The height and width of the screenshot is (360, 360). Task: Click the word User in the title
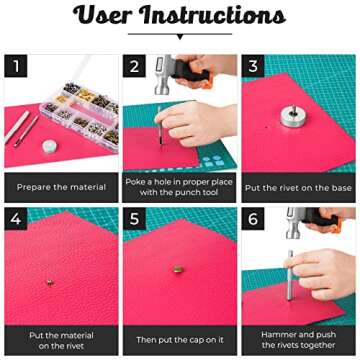coord(108,17)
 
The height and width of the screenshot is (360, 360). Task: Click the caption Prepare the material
coord(59,186)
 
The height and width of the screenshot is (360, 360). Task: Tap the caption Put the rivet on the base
coord(298,187)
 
